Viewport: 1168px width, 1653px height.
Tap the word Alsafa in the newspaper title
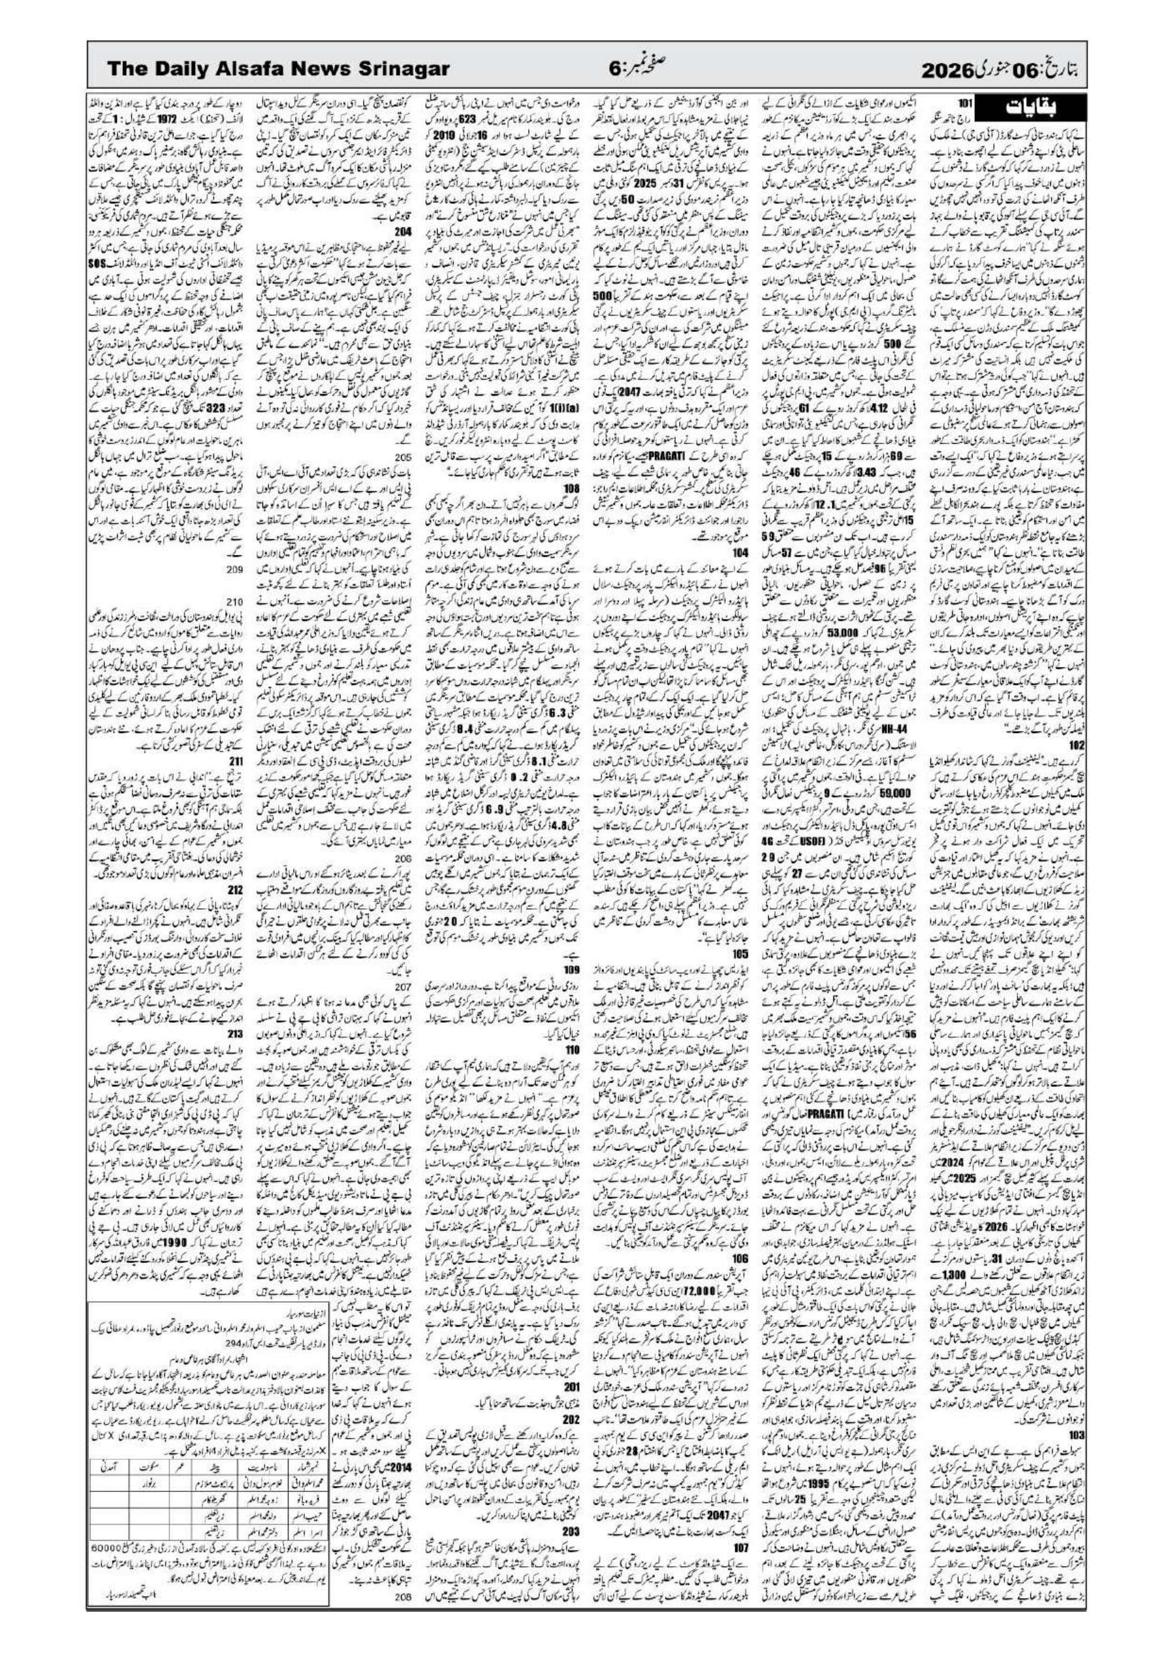click(255, 70)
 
